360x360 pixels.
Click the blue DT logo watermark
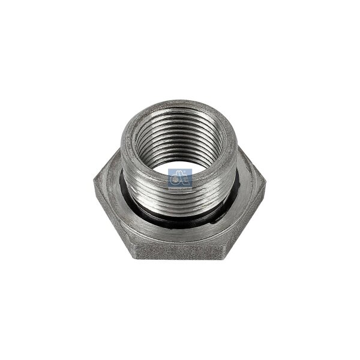[x=179, y=178]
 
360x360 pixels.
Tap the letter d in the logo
[x=175, y=178]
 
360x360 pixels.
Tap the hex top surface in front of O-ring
[x=180, y=231]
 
